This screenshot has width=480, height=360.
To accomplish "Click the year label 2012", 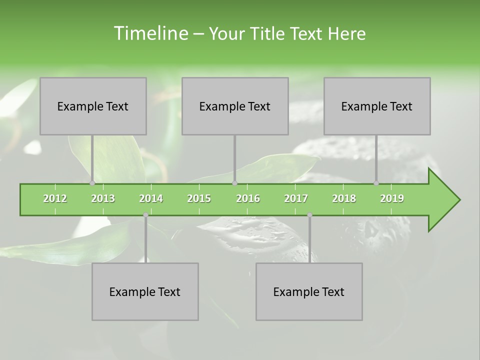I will click(55, 198).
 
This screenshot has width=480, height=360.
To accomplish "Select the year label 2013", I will click(103, 198).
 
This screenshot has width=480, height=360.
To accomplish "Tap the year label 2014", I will click(151, 198).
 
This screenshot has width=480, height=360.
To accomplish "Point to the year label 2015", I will click(199, 198).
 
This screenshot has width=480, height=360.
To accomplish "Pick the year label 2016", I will click(248, 198).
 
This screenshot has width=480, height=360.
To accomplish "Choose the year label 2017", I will click(296, 198).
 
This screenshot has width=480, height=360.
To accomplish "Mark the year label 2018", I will click(344, 198).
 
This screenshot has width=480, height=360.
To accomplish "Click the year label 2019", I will click(392, 198).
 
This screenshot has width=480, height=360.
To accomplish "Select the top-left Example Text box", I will click(93, 106).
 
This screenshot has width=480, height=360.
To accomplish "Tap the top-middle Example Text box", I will click(235, 106).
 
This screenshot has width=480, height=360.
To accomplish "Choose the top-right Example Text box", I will click(377, 106).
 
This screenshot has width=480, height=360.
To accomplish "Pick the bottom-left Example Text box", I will click(145, 291).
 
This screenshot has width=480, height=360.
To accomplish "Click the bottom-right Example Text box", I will click(309, 291).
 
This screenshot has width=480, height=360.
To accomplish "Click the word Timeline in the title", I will click(150, 33).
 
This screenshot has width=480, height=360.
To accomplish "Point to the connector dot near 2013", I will click(92, 183).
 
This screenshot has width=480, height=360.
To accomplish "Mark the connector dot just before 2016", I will click(234, 183).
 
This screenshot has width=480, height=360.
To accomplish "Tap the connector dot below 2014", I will click(145, 215).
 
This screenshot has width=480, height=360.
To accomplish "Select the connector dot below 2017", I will click(309, 215).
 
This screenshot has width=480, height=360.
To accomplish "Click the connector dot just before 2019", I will click(376, 183).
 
